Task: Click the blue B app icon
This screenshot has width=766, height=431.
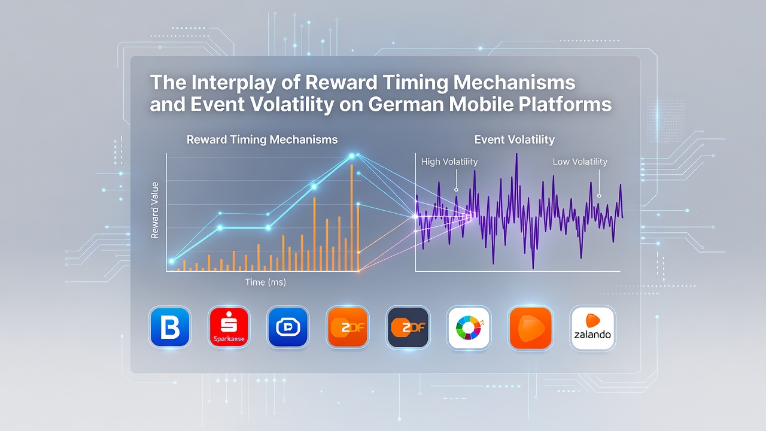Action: click(170, 327)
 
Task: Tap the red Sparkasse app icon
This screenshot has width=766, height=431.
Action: click(229, 327)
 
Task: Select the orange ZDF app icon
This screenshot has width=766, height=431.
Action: click(348, 327)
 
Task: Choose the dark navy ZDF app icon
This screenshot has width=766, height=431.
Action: click(408, 327)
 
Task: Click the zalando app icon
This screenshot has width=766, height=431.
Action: click(592, 328)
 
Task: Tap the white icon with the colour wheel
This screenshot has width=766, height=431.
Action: click(469, 327)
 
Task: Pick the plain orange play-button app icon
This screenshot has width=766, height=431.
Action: click(530, 327)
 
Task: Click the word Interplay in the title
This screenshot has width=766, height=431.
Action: click(234, 83)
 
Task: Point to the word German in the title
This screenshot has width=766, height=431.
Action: click(405, 104)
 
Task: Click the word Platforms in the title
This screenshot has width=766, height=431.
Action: click(565, 104)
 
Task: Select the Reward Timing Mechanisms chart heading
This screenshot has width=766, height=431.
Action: click(262, 139)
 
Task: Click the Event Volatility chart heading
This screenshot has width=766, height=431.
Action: click(514, 139)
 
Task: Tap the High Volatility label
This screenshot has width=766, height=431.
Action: click(449, 162)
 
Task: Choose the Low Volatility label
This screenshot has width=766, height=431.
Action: click(580, 162)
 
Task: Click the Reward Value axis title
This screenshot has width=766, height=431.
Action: click(154, 210)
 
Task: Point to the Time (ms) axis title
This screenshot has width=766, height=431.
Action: click(265, 282)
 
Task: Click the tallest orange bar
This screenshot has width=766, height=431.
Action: click(351, 218)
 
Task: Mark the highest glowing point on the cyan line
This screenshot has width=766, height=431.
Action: click(351, 156)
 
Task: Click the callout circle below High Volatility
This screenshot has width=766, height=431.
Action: click(456, 190)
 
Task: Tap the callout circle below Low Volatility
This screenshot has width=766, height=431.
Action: click(599, 196)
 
